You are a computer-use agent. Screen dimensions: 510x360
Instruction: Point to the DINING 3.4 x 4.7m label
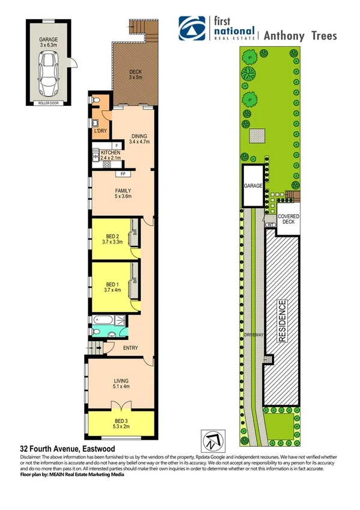[139, 139]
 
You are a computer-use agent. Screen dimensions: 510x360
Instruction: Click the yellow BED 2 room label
[113, 239]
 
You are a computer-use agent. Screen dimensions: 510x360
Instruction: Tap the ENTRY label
[130, 348]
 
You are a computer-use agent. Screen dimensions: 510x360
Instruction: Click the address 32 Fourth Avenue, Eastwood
[63, 449]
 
